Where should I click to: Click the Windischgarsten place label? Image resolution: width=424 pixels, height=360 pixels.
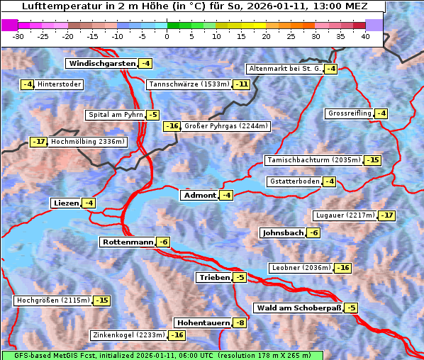[x=101, y=64]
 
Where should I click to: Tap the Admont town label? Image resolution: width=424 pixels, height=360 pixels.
[x=199, y=196]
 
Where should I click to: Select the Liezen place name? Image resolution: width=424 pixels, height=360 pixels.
[x=66, y=203]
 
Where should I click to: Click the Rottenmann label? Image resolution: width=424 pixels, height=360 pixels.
[x=128, y=242]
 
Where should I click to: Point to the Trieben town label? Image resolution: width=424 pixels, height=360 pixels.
[x=214, y=278]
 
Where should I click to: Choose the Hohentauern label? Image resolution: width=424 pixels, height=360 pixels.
[x=203, y=323]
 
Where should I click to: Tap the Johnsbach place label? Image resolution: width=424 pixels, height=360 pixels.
[x=283, y=233]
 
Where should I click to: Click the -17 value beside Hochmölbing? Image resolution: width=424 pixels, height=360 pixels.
[x=38, y=142]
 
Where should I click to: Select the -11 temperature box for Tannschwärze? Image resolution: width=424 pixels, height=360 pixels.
[x=242, y=84]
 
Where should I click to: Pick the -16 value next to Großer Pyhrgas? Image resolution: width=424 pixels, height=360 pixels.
[x=172, y=127]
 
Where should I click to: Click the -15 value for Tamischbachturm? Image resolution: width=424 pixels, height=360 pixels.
[x=372, y=160]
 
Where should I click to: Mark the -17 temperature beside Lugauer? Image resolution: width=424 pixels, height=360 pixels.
[x=386, y=215]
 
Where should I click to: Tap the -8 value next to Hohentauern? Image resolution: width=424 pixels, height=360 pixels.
[x=240, y=323]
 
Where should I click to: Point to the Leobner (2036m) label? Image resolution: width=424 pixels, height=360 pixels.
[x=301, y=268]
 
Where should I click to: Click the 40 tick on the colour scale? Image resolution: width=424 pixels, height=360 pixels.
[x=365, y=36]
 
